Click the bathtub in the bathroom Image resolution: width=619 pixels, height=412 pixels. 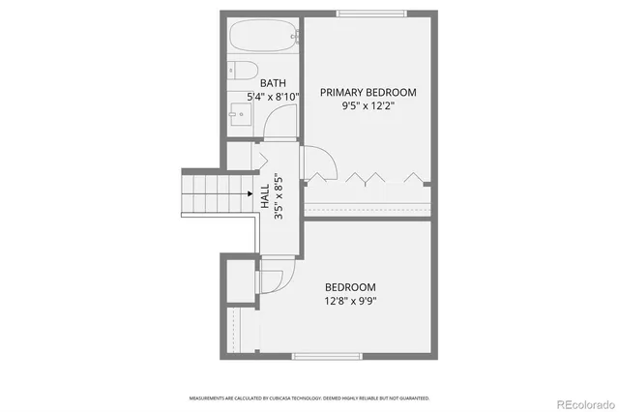click(264, 40)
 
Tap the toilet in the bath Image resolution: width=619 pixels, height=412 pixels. click(239, 71)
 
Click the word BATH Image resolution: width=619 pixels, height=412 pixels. click(273, 83)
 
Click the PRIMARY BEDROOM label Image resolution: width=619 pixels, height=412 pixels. click(368, 93)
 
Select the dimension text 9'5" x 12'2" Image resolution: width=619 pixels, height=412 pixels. click(368, 106)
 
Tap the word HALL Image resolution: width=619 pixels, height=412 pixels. click(265, 197)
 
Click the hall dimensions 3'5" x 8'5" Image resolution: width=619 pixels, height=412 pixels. click(279, 197)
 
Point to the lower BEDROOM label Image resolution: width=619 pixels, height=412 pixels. click(350, 287)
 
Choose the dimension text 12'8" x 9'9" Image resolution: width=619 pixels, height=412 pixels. click(350, 301)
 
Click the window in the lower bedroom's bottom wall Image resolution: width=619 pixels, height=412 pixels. click(321, 356)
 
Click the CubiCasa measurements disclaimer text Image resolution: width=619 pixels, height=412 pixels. click(309, 397)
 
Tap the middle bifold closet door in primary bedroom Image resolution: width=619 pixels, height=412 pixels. click(368, 177)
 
